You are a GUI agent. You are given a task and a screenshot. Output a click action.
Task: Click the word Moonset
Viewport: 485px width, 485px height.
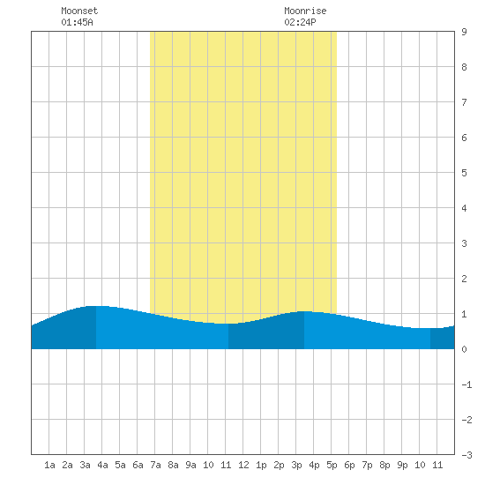coord(79,11)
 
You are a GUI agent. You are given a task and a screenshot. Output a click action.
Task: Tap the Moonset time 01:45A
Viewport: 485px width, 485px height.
coord(77,22)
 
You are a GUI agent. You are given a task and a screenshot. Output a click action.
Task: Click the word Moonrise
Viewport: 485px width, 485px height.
coord(305,11)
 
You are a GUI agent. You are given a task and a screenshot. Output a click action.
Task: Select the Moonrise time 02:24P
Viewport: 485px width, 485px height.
coord(300,22)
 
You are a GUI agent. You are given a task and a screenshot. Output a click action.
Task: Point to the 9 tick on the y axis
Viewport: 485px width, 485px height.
coord(464,32)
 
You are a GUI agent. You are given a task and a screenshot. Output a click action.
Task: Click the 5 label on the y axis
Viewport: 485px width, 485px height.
coord(464,173)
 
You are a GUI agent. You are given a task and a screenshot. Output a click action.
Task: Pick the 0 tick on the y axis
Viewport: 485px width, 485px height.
coord(464,349)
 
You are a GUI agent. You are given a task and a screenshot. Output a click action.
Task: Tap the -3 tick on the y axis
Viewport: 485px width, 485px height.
coord(466,455)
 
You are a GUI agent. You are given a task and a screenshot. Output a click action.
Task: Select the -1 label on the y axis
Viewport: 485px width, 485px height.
coord(466,384)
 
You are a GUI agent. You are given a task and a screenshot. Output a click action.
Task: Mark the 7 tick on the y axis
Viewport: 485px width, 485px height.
coord(464,102)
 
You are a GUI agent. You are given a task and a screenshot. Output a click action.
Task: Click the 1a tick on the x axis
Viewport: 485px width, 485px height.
coord(49,465)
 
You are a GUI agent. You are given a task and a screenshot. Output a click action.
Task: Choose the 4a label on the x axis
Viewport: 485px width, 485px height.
coord(102,465)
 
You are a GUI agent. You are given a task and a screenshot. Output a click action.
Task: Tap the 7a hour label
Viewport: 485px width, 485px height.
coord(155,465)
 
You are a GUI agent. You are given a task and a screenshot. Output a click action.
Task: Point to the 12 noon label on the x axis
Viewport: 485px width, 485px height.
coord(243,465)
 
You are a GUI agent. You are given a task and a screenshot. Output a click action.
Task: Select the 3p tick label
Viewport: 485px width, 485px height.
coord(296,465)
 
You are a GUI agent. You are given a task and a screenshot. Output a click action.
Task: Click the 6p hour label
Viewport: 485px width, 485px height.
coord(349,465)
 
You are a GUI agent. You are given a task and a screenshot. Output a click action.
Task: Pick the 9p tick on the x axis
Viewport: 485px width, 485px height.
coord(402,465)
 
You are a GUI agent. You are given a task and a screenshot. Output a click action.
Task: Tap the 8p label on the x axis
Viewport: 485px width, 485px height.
coord(384,465)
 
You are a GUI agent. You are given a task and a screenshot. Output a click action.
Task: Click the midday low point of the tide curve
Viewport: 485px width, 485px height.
coord(228,324)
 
